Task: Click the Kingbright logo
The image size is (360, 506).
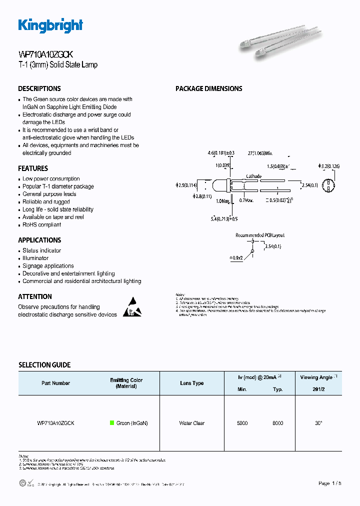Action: click(x=50, y=25)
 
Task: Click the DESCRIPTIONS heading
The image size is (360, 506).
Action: click(x=39, y=88)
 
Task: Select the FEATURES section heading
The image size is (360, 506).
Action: click(x=33, y=168)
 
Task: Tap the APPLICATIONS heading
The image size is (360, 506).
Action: click(x=39, y=240)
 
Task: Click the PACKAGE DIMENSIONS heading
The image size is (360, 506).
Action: click(x=208, y=88)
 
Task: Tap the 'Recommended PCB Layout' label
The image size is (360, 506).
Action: click(x=260, y=234)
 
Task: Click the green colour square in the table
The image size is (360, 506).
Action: click(x=112, y=423)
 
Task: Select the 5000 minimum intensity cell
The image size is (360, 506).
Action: click(x=242, y=423)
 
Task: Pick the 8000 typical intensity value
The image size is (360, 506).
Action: click(x=277, y=423)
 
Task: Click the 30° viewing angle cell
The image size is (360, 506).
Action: click(x=318, y=423)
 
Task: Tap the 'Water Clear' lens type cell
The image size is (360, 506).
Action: click(x=191, y=423)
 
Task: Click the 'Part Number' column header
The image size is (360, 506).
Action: click(x=55, y=383)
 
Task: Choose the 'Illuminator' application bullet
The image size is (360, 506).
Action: click(x=35, y=258)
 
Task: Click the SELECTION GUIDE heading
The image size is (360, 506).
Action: click(x=44, y=365)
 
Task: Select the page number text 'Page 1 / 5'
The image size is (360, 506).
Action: click(x=330, y=483)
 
